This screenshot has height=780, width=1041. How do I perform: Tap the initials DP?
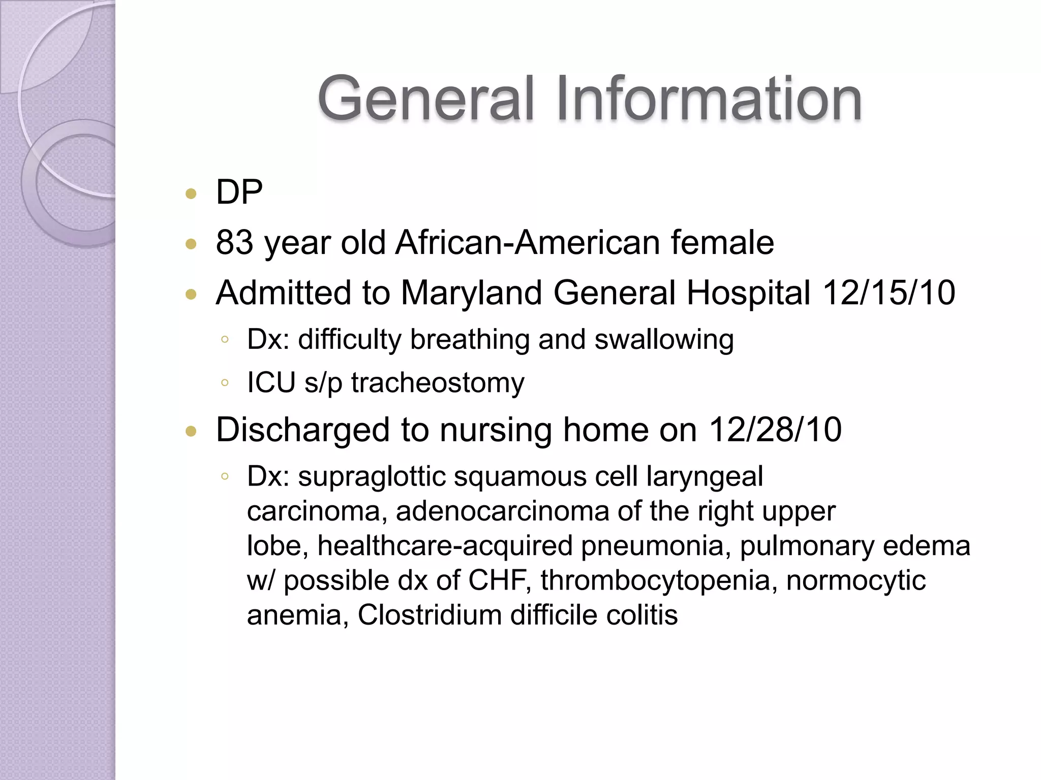(x=239, y=192)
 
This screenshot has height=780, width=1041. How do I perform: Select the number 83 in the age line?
(x=234, y=242)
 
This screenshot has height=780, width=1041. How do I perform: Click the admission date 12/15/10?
(x=889, y=293)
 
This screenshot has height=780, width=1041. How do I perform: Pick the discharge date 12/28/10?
(x=775, y=430)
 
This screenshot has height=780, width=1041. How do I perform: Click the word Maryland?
(x=471, y=293)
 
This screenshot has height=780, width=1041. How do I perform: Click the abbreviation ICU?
(x=271, y=382)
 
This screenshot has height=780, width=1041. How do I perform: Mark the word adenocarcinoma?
(x=502, y=511)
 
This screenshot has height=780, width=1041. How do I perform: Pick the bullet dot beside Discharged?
(x=191, y=432)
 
